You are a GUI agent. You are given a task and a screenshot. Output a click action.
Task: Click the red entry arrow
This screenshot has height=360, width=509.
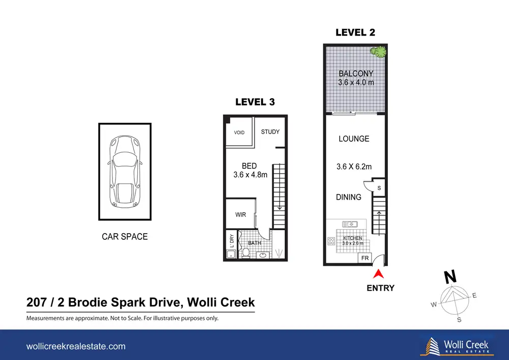(x=379, y=274)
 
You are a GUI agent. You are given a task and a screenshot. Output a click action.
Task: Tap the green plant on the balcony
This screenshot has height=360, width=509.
(x=379, y=51)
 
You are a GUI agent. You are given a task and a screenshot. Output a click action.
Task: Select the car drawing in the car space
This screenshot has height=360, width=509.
(x=125, y=172)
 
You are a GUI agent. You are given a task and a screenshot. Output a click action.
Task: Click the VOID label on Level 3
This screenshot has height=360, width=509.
(x=239, y=132)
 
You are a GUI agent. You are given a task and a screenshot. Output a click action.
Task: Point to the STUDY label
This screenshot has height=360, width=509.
(x=270, y=132)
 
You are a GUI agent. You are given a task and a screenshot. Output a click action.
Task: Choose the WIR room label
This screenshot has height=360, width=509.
(x=241, y=214)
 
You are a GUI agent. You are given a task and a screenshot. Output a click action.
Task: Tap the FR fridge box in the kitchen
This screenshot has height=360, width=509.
(x=365, y=258)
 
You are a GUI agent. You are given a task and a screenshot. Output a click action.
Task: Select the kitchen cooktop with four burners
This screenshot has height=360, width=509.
(x=331, y=241)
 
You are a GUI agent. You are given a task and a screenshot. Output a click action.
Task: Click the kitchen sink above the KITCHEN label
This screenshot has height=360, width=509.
(x=350, y=225)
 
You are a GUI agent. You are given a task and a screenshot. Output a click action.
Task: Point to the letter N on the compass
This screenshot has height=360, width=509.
(x=450, y=277)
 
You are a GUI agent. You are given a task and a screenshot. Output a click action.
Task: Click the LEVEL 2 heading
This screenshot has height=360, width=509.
(x=355, y=33)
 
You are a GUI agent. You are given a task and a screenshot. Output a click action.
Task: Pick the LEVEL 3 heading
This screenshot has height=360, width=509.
(x=255, y=102)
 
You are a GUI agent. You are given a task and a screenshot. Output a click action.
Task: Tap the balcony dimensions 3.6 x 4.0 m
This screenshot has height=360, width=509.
(x=356, y=82)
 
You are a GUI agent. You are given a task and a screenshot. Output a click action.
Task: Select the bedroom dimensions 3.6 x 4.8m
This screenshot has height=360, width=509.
(x=250, y=175)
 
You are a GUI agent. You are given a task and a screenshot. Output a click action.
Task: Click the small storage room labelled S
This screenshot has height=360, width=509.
(x=379, y=187)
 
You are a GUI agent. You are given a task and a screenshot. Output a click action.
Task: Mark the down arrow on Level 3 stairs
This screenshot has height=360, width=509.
(x=279, y=207)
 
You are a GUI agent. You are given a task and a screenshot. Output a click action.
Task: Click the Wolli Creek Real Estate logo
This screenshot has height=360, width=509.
(x=456, y=346)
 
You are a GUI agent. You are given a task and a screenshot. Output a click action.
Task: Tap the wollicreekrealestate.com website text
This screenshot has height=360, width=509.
(x=76, y=346)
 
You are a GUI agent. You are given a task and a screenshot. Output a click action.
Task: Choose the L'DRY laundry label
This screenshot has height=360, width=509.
(x=232, y=241)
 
